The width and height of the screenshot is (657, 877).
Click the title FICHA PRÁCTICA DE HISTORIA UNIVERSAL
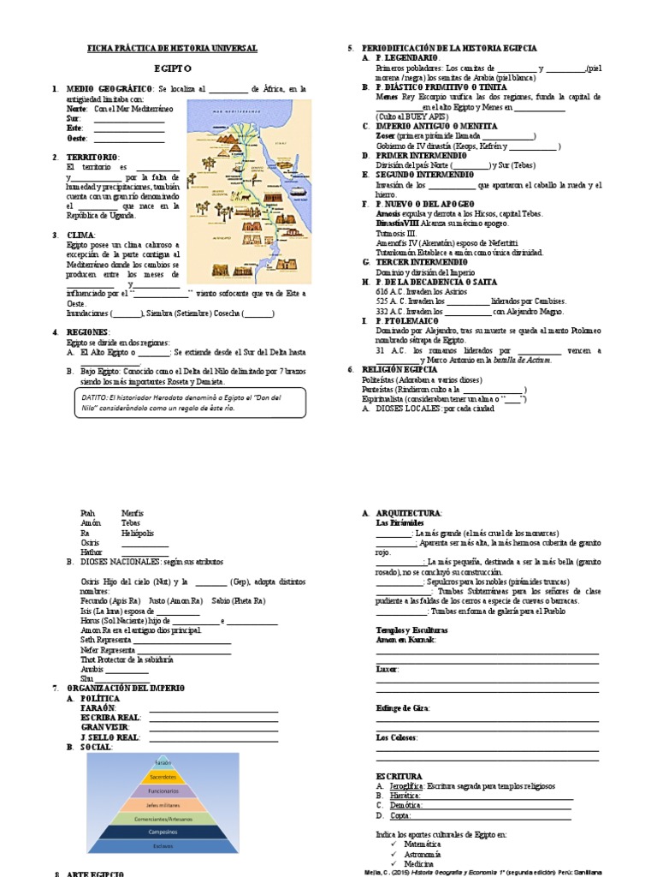pyautogui.click(x=173, y=50)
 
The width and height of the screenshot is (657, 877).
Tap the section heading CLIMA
pyautogui.click(x=81, y=234)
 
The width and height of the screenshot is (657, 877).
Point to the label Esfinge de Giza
pyautogui.click(x=403, y=707)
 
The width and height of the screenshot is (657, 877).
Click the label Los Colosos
pyautogui.click(x=397, y=737)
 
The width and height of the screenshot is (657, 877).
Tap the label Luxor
pyautogui.click(x=387, y=668)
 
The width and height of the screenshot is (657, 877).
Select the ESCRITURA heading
pyautogui.click(x=399, y=776)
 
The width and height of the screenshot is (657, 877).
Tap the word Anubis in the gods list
pyautogui.click(x=92, y=670)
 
